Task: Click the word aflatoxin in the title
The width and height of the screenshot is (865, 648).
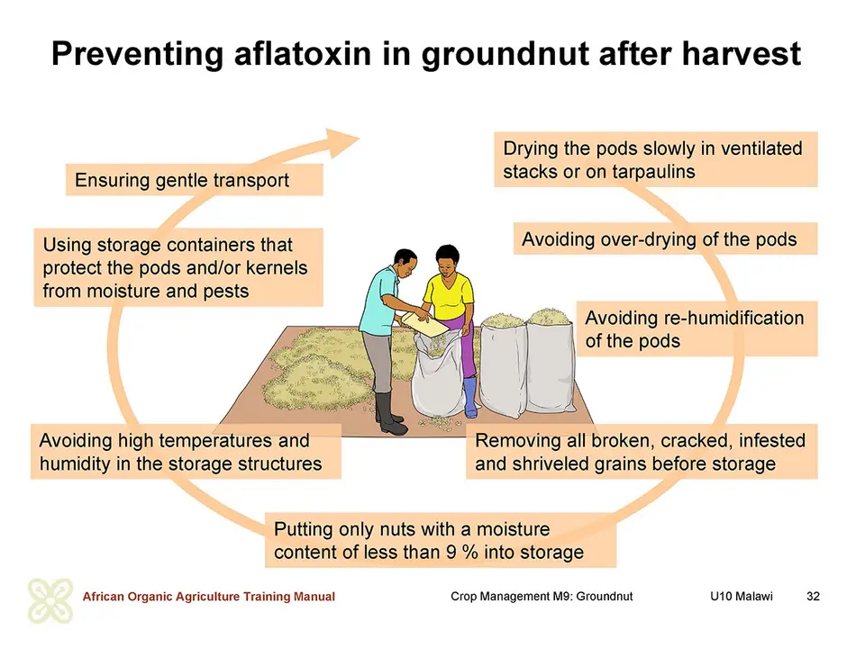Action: pyautogui.click(x=302, y=54)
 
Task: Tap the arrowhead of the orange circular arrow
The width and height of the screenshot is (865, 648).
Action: pyautogui.click(x=341, y=143)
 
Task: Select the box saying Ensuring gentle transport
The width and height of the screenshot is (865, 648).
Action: pyautogui.click(x=195, y=180)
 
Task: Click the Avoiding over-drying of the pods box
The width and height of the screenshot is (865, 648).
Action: pyautogui.click(x=665, y=238)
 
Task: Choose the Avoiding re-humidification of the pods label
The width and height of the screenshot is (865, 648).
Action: pyautogui.click(x=697, y=329)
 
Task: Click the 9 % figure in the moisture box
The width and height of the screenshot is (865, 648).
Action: pyautogui.click(x=462, y=552)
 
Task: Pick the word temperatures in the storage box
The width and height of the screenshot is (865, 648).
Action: pyautogui.click(x=214, y=441)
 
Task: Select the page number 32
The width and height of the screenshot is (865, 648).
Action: pyautogui.click(x=813, y=596)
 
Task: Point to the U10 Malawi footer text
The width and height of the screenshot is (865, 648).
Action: pyautogui.click(x=742, y=596)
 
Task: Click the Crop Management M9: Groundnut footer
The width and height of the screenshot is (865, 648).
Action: pyautogui.click(x=542, y=596)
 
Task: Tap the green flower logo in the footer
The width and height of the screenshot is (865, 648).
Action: pyautogui.click(x=50, y=600)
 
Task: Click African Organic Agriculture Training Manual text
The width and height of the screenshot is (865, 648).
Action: pyautogui.click(x=208, y=596)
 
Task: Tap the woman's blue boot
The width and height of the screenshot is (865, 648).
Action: pyautogui.click(x=470, y=396)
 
